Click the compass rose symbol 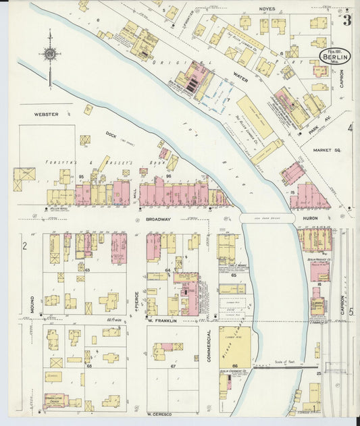coord(49,53)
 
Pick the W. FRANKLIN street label coord(162,321)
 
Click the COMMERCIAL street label coord(209,344)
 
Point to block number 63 coord(86,269)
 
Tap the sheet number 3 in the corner coord(346,20)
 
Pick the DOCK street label coord(111,134)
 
